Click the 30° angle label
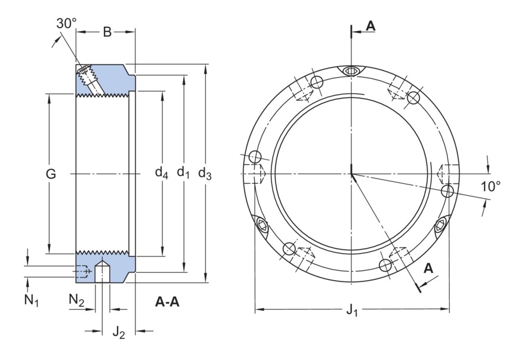click(67, 23)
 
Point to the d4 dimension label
click(162, 174)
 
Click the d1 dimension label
click(184, 174)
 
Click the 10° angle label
click(490, 186)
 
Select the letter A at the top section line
click(370, 26)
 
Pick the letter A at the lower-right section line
click(428, 269)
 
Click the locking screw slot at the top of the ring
click(352, 70)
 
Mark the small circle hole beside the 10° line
click(447, 190)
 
